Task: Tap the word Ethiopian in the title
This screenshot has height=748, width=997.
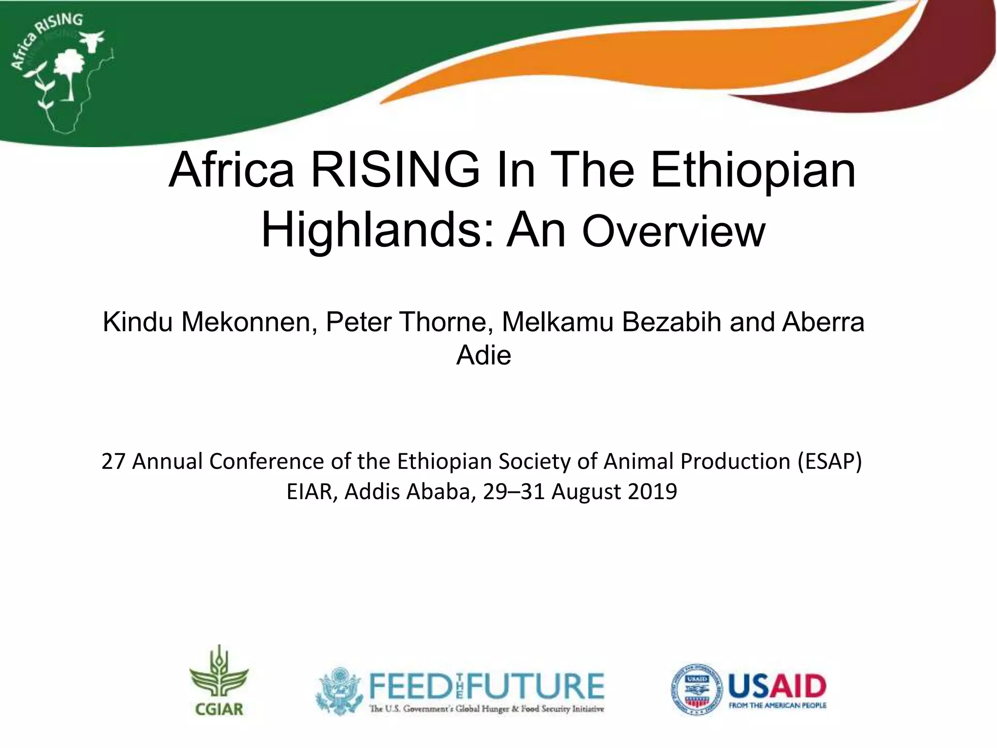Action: tap(753, 170)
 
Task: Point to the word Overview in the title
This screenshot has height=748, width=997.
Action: tap(673, 232)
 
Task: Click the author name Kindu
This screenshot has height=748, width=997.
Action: tap(137, 322)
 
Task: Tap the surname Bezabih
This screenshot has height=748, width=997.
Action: tap(671, 322)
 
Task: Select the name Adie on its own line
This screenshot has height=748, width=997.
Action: tap(483, 355)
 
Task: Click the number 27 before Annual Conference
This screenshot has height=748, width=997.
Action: tap(113, 461)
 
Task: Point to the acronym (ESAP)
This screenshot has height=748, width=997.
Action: tap(830, 461)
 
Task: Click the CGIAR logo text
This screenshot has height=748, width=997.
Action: tap(219, 709)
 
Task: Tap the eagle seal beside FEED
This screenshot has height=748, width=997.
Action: tap(339, 691)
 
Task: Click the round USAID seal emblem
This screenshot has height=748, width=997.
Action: tap(697, 689)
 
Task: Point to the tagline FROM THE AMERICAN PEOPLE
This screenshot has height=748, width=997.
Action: tap(777, 705)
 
